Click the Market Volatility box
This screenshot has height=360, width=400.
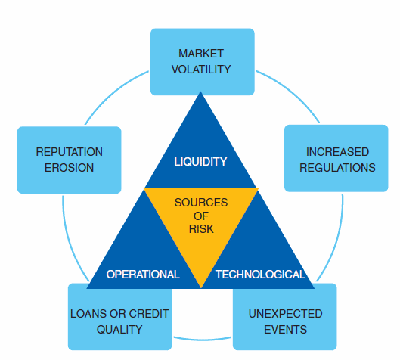tap(202, 61)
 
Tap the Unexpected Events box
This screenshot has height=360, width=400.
tap(285, 321)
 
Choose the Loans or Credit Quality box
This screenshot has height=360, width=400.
tap(119, 321)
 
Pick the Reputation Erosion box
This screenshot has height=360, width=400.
tap(69, 159)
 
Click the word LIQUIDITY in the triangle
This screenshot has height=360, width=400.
tap(200, 161)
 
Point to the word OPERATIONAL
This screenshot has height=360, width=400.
tap(143, 275)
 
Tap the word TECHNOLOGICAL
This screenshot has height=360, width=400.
tap(260, 275)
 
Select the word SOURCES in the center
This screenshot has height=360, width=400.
tap(201, 203)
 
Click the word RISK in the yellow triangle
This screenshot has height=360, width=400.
tap(201, 228)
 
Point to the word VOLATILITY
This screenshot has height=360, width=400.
tap(202, 69)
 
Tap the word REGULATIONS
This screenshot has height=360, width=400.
tap(336, 167)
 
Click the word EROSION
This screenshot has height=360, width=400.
tap(69, 167)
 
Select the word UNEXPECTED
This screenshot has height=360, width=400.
tap(285, 313)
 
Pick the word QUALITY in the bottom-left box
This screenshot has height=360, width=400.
tap(119, 329)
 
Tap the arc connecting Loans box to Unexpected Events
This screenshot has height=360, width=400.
tap(201, 339)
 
